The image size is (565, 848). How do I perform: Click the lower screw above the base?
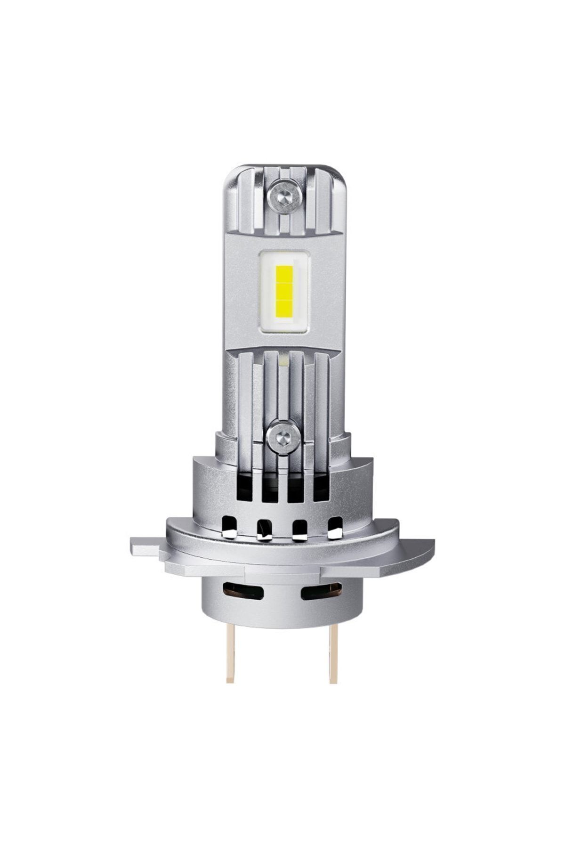283,439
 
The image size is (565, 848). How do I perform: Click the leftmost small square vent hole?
229,527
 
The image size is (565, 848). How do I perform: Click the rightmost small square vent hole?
335,527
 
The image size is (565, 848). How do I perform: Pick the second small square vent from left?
265,529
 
